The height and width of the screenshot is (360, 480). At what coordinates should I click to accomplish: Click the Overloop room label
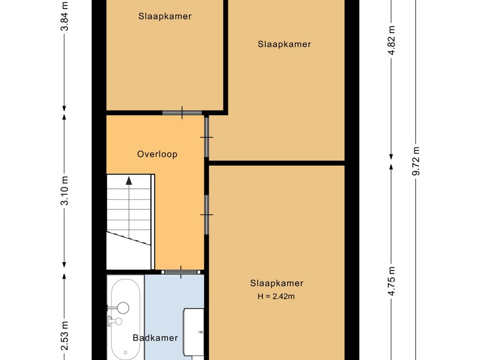click(x=157, y=154)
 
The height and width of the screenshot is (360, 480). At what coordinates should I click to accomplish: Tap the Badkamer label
click(x=155, y=337)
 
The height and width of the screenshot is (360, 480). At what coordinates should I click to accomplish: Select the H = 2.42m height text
click(x=276, y=296)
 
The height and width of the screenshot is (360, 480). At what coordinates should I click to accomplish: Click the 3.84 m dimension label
click(x=65, y=16)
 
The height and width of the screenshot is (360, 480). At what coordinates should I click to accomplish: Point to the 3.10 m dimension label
click(x=65, y=191)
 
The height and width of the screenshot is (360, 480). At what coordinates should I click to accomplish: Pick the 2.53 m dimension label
click(x=65, y=336)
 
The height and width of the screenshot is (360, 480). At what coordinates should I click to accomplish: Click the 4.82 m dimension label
click(x=391, y=40)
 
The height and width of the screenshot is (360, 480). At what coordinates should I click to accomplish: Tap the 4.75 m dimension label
click(x=391, y=281)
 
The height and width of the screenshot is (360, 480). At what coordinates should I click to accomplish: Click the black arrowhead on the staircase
click(x=129, y=180)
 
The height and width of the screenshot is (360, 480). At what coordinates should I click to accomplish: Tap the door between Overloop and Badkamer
click(x=181, y=272)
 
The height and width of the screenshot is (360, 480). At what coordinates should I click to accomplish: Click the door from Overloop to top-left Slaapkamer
click(x=182, y=112)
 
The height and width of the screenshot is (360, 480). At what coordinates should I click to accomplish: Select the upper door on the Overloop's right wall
click(x=207, y=137)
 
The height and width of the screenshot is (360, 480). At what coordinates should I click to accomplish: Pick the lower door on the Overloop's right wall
click(x=207, y=215)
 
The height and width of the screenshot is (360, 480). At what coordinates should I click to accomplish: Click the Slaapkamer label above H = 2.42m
click(x=277, y=283)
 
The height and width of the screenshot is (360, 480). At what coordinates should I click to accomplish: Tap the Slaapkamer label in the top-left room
click(x=165, y=16)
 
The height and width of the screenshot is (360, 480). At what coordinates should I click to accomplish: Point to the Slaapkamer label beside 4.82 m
click(x=285, y=44)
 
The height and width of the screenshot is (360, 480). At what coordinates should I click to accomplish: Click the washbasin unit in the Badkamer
click(x=194, y=332)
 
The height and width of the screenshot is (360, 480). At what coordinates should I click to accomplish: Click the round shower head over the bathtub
click(x=123, y=307)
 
